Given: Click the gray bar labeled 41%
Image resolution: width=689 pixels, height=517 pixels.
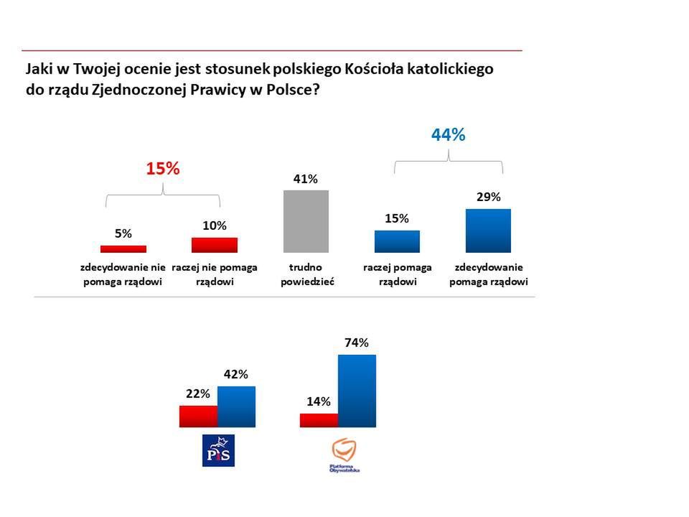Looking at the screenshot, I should pyautogui.click(x=306, y=221).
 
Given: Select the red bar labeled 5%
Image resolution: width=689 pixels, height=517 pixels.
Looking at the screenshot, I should pyautogui.click(x=123, y=249).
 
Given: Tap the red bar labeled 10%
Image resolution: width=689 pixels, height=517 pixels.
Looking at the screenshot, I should pyautogui.click(x=214, y=245).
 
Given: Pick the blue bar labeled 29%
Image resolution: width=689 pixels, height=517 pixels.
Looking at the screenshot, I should pyautogui.click(x=488, y=230).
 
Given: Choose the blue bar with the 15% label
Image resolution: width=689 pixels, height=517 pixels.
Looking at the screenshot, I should pyautogui.click(x=397, y=241).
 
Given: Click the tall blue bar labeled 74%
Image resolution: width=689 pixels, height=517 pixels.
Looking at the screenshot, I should pyautogui.click(x=357, y=391).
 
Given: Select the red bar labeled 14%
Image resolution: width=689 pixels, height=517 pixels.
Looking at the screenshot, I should pyautogui.click(x=319, y=420).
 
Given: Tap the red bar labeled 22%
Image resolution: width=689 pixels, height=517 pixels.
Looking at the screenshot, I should pyautogui.click(x=198, y=416).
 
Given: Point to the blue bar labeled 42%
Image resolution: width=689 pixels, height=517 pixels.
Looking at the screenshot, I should pyautogui.click(x=236, y=406).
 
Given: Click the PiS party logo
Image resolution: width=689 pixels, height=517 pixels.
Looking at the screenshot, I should pyautogui.click(x=219, y=451).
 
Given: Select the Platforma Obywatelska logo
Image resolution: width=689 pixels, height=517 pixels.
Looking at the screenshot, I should pyautogui.click(x=344, y=455).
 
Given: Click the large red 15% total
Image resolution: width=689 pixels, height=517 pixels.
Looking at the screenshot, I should pyautogui.click(x=162, y=169).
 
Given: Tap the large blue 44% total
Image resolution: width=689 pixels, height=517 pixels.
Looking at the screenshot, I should pyautogui.click(x=449, y=134).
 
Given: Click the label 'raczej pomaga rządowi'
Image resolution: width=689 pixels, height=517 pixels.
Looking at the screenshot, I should pyautogui.click(x=397, y=274).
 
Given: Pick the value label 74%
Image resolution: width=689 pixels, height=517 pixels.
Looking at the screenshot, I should pyautogui.click(x=357, y=343).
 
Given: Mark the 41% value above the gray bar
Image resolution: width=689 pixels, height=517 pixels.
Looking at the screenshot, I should pyautogui.click(x=306, y=179).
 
